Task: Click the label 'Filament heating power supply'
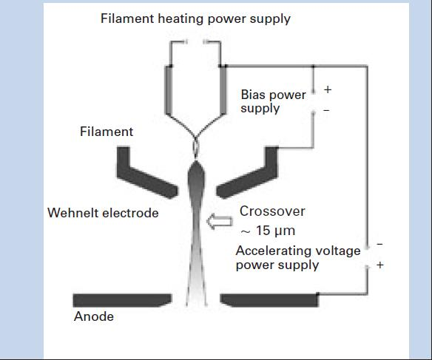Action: (x=195, y=19)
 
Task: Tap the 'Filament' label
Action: (x=107, y=132)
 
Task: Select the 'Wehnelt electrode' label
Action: (x=103, y=213)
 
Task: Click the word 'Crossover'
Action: (x=272, y=211)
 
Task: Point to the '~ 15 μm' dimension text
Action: (x=268, y=231)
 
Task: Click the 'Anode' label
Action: (x=94, y=316)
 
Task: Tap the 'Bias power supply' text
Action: (x=273, y=101)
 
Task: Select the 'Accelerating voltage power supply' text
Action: (x=298, y=258)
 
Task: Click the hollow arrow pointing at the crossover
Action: (x=220, y=222)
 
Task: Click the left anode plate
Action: (x=122, y=300)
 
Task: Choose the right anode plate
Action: (x=269, y=300)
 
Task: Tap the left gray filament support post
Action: (x=169, y=90)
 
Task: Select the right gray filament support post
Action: (x=223, y=90)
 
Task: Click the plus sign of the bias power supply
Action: (x=328, y=89)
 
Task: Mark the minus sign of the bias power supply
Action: (x=326, y=110)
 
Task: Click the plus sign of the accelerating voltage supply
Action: (x=380, y=265)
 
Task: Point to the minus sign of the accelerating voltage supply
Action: (x=379, y=244)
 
